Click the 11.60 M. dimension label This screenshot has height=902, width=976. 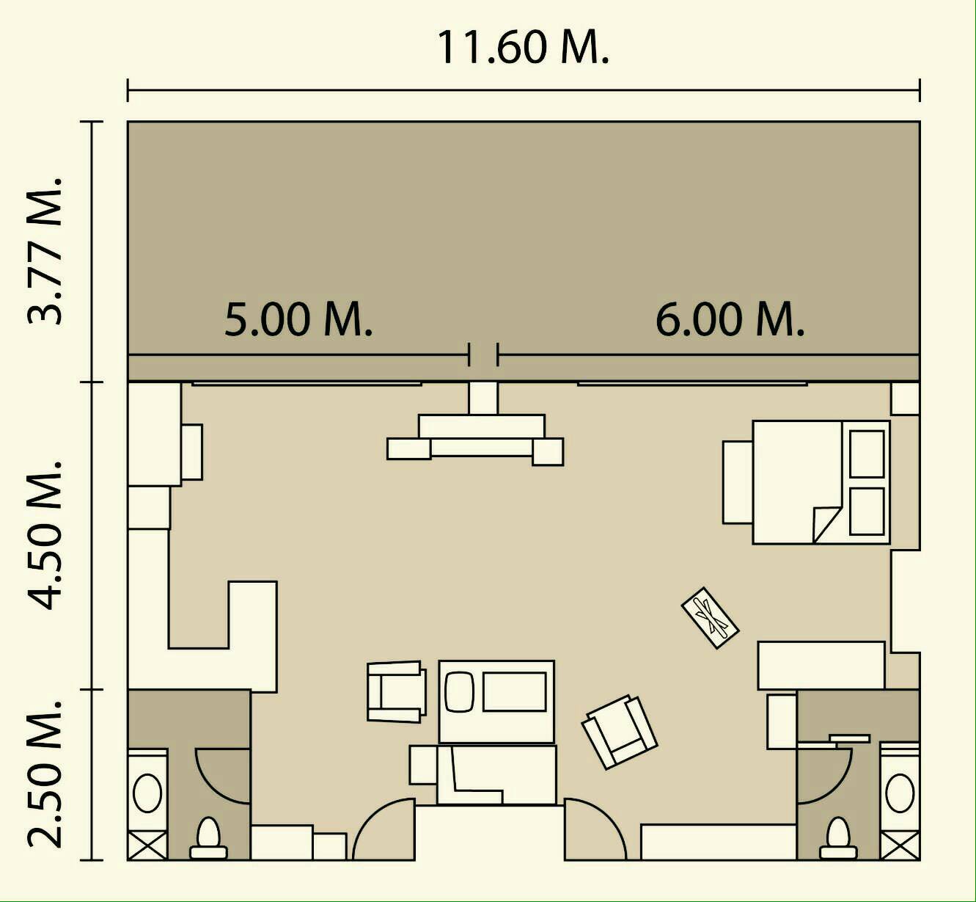(523, 48)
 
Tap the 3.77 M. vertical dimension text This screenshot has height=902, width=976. (45, 251)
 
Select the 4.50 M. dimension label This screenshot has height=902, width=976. (45, 535)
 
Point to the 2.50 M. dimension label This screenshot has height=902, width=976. (45, 774)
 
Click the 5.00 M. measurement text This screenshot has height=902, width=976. (298, 319)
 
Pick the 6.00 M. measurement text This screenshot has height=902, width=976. (730, 319)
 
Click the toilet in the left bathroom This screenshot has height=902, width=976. (208, 838)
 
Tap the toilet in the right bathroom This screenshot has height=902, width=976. (838, 838)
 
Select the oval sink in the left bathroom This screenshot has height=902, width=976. (147, 793)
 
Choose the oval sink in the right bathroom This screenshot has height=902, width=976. (900, 793)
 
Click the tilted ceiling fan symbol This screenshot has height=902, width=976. (710, 618)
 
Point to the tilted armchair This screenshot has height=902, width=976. (619, 732)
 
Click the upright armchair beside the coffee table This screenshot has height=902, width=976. (397, 692)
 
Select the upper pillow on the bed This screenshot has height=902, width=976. (867, 454)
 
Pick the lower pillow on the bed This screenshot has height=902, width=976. (867, 512)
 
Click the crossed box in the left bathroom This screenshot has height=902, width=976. (147, 845)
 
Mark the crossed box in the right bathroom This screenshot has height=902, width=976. (900, 845)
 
